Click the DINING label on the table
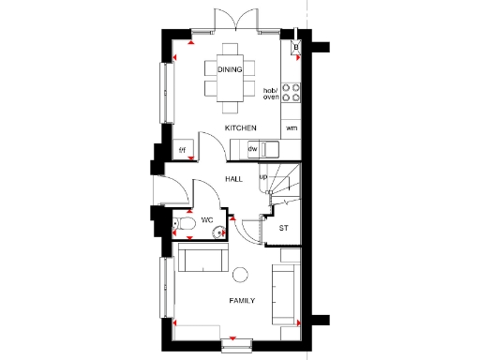coord(230,70)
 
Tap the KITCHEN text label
coord(239,127)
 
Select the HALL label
coord(233,178)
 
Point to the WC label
coord(208,219)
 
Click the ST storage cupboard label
coord(283,229)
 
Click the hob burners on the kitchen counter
coord(292,93)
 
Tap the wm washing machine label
coord(292,127)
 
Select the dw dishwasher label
coord(252,149)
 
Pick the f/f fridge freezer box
coord(184,150)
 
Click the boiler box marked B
coord(296,46)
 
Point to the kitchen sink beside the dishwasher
coord(270,149)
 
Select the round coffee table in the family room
coord(240,275)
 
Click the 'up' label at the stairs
coord(263,176)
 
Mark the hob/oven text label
coord(271,92)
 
